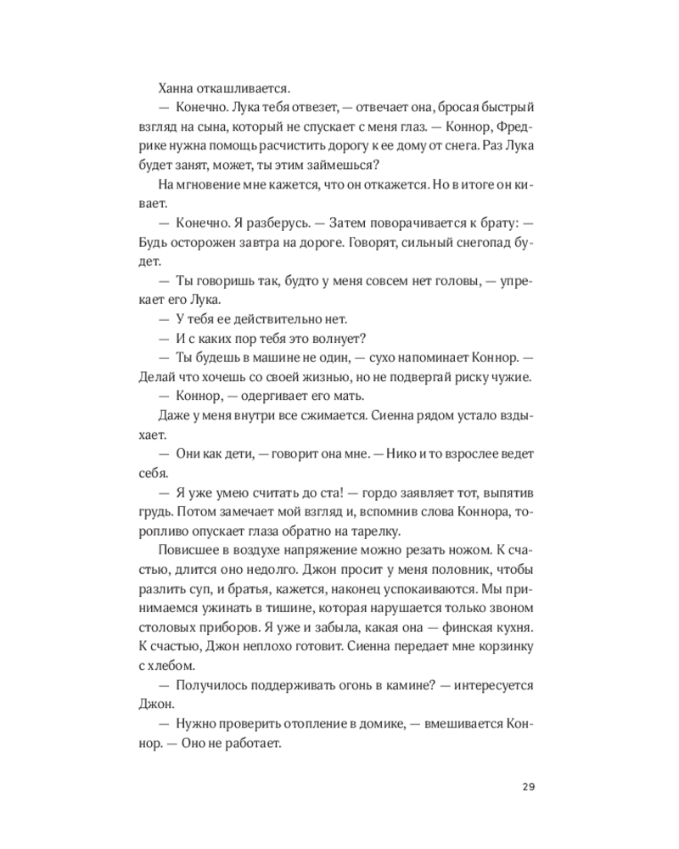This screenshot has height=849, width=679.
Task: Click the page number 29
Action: (x=527, y=785)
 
